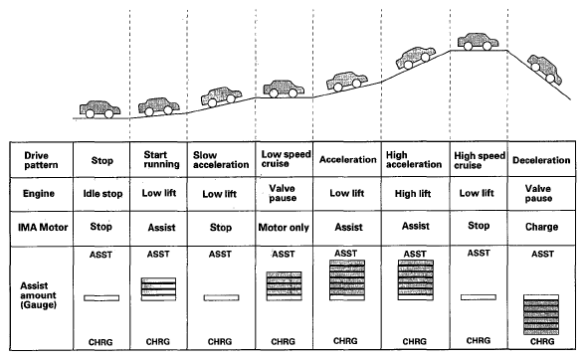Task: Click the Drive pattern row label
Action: pos(41,160)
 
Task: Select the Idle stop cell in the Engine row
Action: pos(102,194)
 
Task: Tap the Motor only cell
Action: pos(284,228)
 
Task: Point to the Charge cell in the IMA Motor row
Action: pos(541,227)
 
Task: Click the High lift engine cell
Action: pos(413,194)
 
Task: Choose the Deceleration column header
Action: pos(541,160)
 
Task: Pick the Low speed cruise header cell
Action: pos(286,159)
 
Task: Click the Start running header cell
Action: pos(161,159)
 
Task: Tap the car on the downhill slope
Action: pos(545,69)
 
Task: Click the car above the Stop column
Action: pos(99,109)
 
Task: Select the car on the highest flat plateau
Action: pos(478,42)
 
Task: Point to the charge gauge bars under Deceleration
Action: pos(541,314)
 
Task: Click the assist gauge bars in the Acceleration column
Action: pos(347,280)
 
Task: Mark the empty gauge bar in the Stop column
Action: pos(101,298)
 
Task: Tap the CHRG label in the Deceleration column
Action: pos(542,341)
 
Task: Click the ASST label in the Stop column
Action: pos(100,255)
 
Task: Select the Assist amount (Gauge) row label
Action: pos(38,295)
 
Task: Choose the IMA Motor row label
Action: pos(43,227)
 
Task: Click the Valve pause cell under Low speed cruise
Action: pos(283,193)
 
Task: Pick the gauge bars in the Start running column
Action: pos(158,289)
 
